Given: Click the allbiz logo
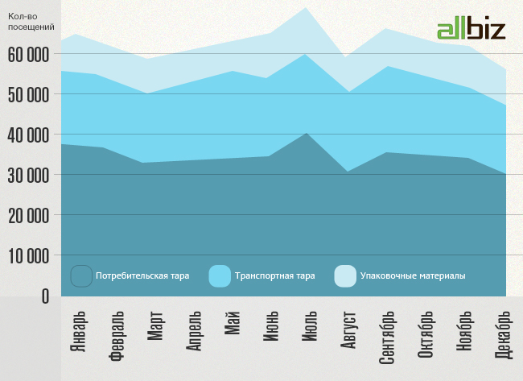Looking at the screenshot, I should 471,29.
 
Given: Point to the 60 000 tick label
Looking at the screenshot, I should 29,54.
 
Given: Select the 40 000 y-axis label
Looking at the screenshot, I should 29,135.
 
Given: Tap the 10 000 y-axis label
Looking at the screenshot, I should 29,256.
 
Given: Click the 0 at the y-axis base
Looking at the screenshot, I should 44,296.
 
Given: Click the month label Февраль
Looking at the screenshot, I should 117,336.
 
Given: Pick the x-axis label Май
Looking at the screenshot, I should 233,322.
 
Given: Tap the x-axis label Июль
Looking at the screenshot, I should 309,325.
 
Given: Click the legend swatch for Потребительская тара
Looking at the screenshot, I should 81,276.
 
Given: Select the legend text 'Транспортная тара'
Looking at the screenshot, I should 274,276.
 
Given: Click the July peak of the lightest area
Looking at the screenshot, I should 307,8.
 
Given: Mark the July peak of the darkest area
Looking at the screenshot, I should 307,133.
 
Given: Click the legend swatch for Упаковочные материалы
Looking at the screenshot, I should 344,276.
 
